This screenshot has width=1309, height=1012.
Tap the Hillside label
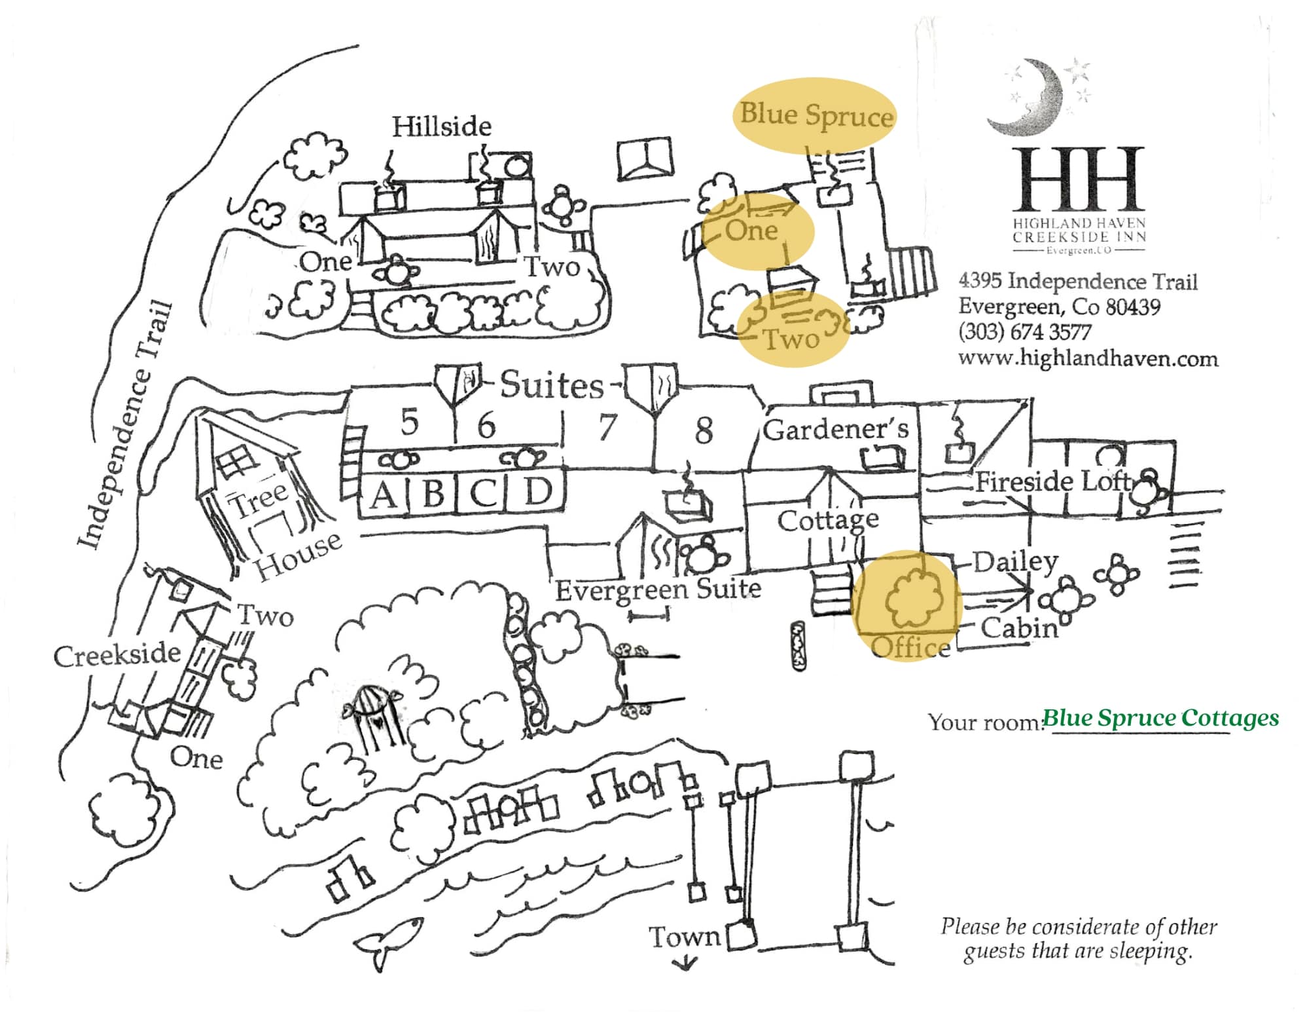pos(442,126)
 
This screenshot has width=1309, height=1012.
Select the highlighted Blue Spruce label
pos(816,115)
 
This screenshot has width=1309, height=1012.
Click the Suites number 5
pos(409,422)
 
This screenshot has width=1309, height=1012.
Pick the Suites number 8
pos(704,431)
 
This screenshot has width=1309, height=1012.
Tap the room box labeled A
pos(384,494)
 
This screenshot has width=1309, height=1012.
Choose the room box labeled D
pos(538,491)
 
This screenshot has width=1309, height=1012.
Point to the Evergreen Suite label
pos(658,590)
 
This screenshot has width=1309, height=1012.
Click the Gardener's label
pos(835,430)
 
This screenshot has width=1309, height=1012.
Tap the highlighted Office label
pos(910,648)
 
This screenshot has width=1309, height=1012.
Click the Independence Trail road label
pos(124,426)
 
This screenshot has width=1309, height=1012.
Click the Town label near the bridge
pos(684,937)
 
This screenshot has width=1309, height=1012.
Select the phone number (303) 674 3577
pos(1024,332)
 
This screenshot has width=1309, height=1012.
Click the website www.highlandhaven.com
pos(1088,359)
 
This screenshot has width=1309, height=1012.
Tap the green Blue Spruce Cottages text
pos(1160,718)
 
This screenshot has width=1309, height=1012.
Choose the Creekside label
pos(117,655)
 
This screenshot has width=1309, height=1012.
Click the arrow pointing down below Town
pos(685,963)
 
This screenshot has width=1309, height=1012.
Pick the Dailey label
pos(1014,562)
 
